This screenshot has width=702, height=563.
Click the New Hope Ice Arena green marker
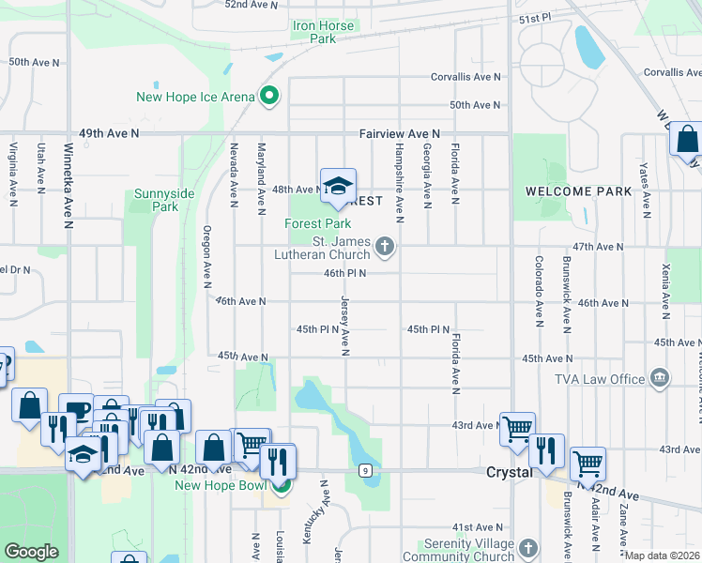coord(268,96)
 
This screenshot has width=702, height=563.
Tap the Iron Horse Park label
coord(323,32)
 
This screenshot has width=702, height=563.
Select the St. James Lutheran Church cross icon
coord(384,247)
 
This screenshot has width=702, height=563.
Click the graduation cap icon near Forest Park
coord(338,184)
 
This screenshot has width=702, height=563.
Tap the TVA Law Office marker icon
coord(659,378)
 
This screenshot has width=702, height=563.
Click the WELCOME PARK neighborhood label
coord(578,191)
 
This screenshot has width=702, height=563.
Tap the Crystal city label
coord(510,472)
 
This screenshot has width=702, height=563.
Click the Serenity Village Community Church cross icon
coord(528,548)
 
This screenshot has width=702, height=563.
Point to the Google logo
coord(31,552)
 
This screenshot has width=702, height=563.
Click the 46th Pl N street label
coord(344,273)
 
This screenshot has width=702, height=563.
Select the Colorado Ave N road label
coord(539,292)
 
